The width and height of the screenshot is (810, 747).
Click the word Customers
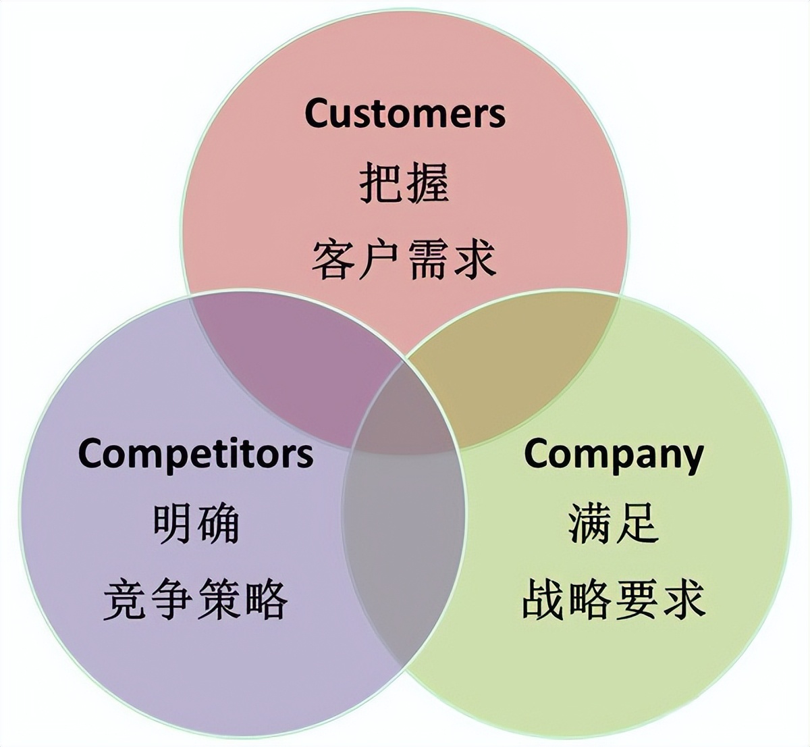point(404,113)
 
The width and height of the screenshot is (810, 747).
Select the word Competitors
point(196,453)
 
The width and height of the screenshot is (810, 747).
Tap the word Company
point(613,455)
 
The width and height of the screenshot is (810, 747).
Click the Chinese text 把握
point(404,184)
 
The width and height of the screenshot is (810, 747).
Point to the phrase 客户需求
point(404,260)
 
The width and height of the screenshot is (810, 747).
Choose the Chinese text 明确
point(196,524)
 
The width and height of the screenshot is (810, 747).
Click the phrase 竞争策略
point(196,600)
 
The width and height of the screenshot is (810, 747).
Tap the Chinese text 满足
point(613,524)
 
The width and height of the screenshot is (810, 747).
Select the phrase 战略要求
point(613,600)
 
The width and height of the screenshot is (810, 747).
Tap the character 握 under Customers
point(427,184)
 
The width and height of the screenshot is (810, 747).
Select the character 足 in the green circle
point(636,524)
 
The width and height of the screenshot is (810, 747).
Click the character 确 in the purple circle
point(219,524)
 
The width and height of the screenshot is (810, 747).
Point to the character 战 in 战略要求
point(543,600)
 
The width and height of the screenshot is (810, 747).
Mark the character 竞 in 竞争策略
point(126,600)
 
